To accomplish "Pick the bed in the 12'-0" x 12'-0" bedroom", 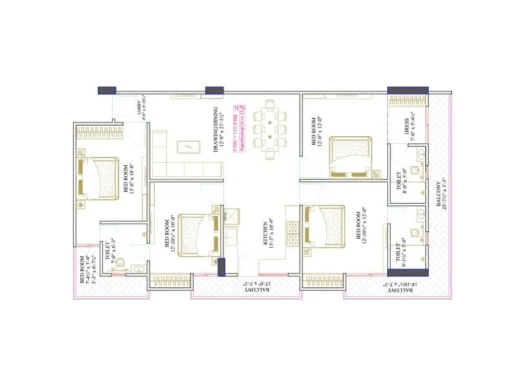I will click(350, 156).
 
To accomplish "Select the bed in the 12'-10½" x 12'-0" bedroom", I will click(324, 226).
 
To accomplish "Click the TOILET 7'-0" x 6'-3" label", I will click(111, 252).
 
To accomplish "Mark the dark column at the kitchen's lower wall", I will click(221, 267).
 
